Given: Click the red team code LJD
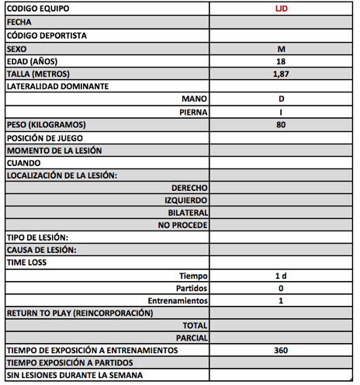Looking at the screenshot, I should (x=281, y=10).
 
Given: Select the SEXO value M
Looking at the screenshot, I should (x=281, y=48).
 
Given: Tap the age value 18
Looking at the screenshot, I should (x=281, y=61).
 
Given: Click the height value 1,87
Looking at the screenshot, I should (x=281, y=74).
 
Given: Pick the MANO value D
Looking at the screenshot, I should (x=281, y=99).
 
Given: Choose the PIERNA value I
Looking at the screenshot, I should (x=281, y=112).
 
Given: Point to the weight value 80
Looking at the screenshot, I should (x=281, y=124).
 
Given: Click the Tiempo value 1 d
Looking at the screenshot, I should (x=281, y=276).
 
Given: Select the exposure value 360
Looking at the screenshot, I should (x=281, y=351).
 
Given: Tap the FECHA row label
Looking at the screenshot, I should (x=19, y=23).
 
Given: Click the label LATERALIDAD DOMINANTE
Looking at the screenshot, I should (x=57, y=86).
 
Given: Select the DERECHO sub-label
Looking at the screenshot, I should (x=189, y=188).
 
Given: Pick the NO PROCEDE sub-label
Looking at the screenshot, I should (x=182, y=225).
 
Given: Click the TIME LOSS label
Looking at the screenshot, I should (x=26, y=263).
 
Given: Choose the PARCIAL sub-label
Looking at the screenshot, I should (x=190, y=338).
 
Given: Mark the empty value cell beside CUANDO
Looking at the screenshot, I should (x=281, y=162).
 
